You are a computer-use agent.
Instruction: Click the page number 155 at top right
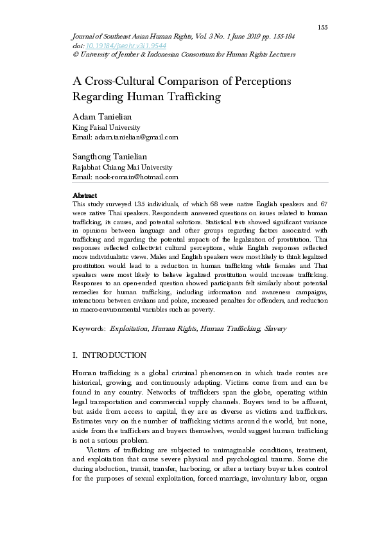point(322,27)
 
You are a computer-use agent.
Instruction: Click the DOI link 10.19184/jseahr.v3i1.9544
point(118,46)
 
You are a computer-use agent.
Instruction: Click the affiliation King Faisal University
point(106,127)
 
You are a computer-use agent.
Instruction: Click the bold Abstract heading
point(85,195)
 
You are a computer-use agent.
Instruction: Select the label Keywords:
point(89,328)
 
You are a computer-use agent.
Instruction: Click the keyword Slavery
point(275,328)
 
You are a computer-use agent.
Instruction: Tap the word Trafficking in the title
point(191,97)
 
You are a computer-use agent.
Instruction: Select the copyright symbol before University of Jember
point(75,55)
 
